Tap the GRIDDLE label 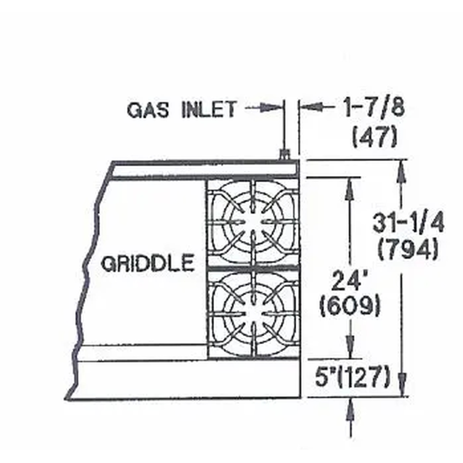click(x=147, y=264)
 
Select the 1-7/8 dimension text click(x=373, y=109)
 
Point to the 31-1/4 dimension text click(x=408, y=224)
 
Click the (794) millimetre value click(x=408, y=250)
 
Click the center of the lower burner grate click(x=253, y=313)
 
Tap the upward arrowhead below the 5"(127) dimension click(x=350, y=407)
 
